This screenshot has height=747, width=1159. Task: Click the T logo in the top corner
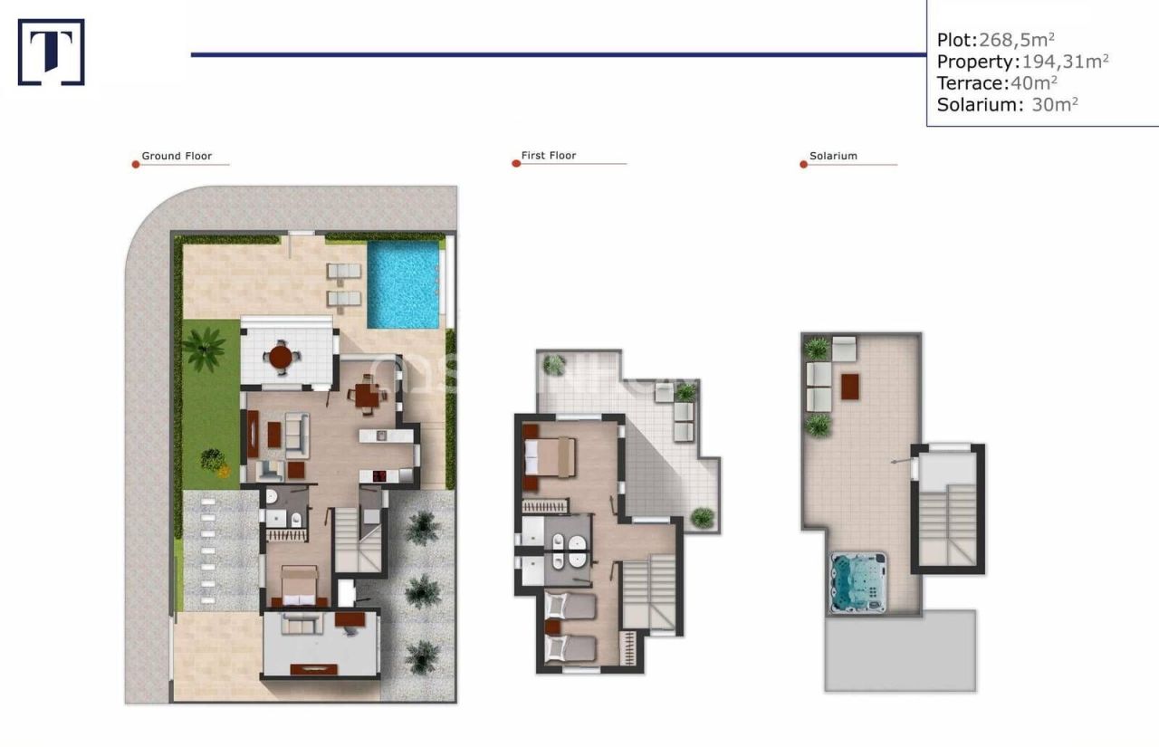pos(51,53)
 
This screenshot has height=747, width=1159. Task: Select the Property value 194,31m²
pos(1065,62)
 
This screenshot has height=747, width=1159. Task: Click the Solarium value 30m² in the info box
pos(1055,104)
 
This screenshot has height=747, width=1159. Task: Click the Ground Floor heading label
pos(177,156)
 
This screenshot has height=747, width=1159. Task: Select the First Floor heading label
pos(549,156)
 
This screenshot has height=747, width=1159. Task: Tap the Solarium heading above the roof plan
pos(833,156)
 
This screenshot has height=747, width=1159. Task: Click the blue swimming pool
pos(403,284)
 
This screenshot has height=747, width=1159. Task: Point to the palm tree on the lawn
pos(205,349)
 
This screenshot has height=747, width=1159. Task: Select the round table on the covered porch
pos(282,356)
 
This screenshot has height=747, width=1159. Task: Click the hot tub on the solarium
pos(856,582)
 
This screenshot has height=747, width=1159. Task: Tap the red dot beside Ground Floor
pos(135,165)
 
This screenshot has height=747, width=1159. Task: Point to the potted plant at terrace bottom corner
pos(702,518)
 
